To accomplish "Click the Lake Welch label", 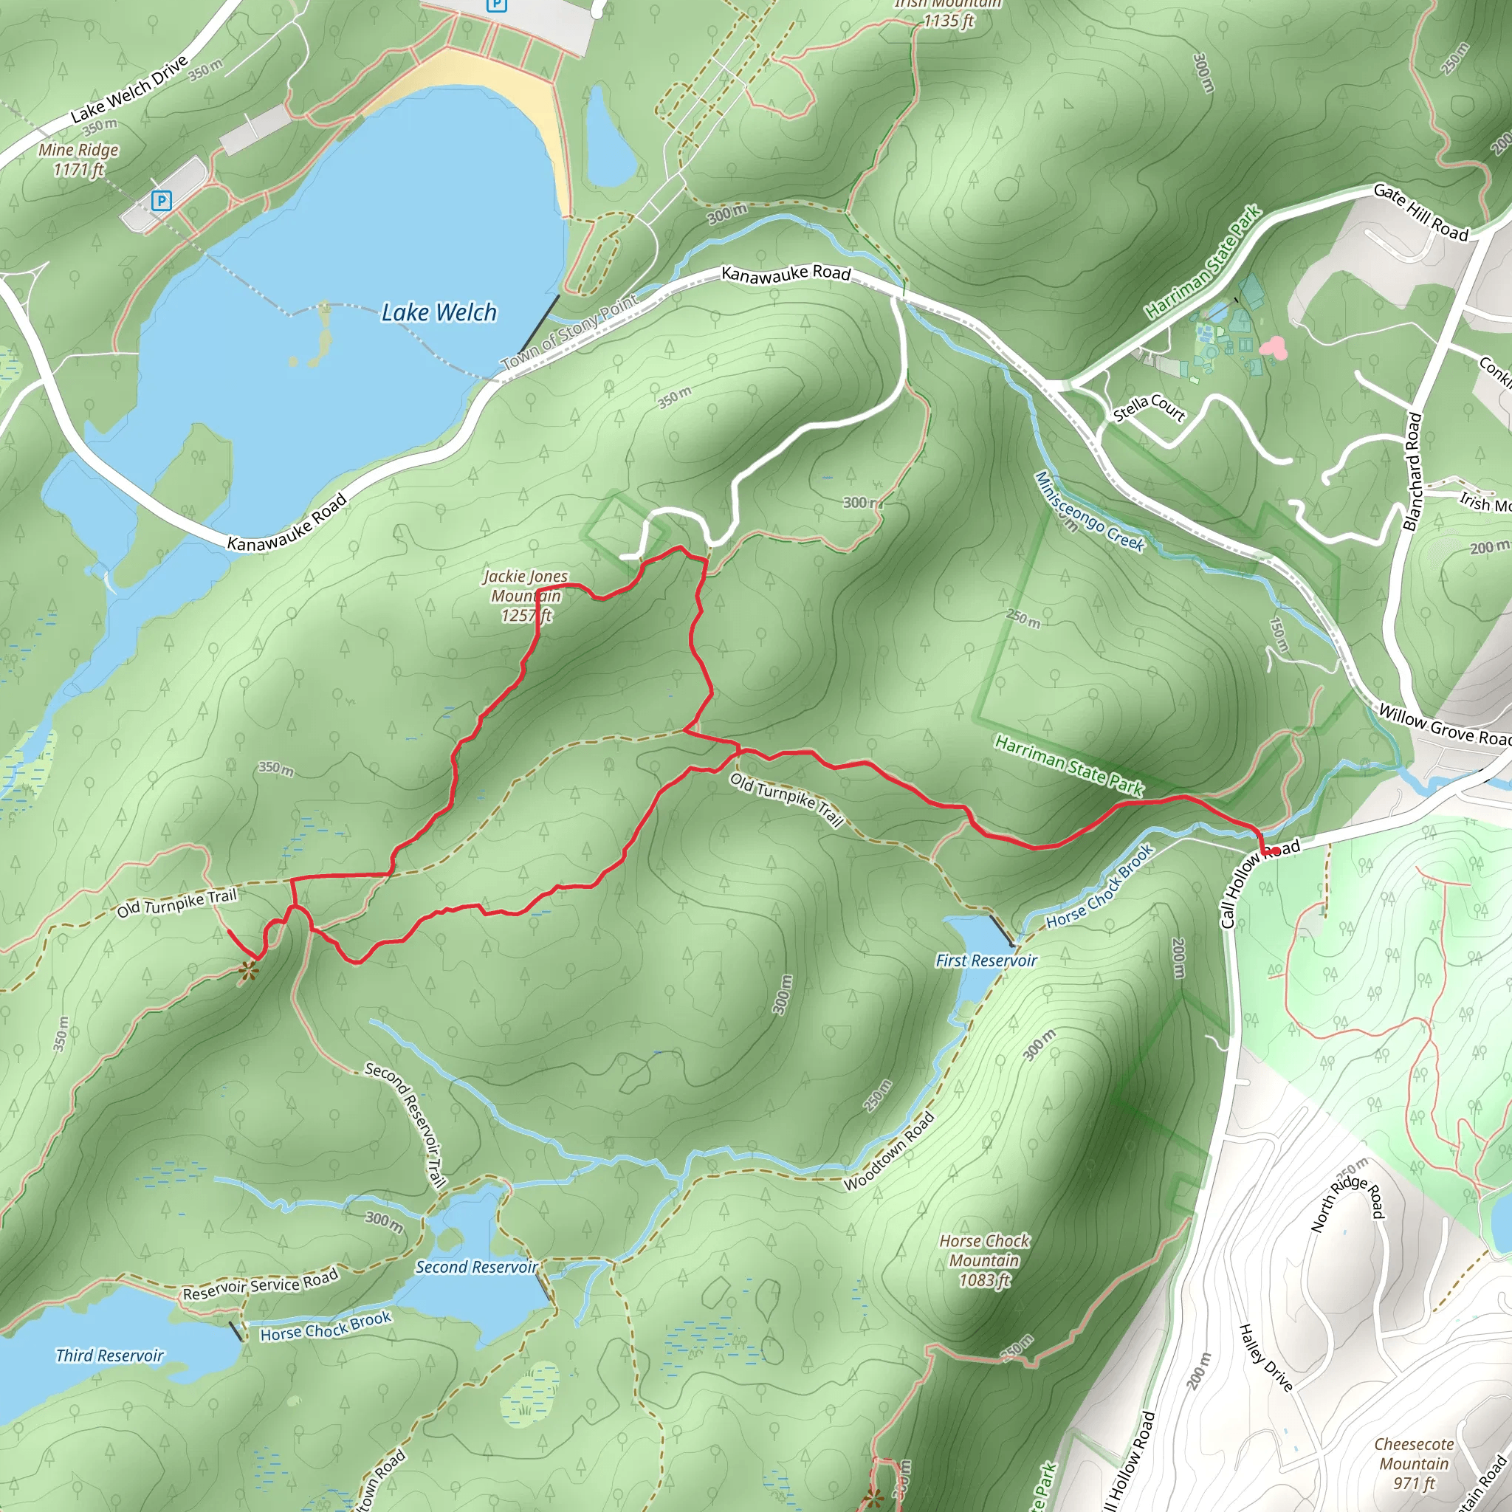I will click(x=439, y=313).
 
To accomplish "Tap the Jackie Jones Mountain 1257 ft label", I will click(x=524, y=596).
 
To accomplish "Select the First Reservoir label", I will click(x=986, y=961).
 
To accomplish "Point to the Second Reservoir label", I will click(x=476, y=1266).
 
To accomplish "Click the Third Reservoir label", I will click(x=109, y=1355).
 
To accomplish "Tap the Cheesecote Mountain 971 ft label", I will click(x=1413, y=1463).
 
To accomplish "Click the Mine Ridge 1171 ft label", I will click(x=78, y=159).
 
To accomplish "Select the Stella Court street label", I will click(x=1149, y=408).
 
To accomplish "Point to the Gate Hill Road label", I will click(x=1420, y=211).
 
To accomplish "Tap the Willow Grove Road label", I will click(x=1444, y=726).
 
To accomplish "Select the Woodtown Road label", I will click(x=889, y=1151).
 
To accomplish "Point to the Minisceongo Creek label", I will click(x=1089, y=512).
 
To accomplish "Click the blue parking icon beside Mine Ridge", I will click(x=161, y=201).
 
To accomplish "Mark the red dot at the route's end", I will click(x=1275, y=850).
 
